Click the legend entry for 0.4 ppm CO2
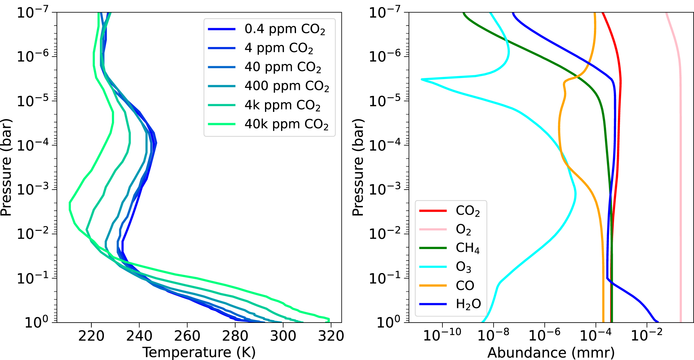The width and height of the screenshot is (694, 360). point(285,29)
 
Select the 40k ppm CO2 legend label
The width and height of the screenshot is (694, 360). point(286,124)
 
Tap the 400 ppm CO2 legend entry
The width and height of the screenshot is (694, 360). point(286,86)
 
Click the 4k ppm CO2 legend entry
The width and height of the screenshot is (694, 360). point(282,105)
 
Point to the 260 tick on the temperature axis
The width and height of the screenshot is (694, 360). point(187,336)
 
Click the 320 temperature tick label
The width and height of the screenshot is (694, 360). point(331,336)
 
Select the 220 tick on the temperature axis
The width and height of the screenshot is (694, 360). point(91,336)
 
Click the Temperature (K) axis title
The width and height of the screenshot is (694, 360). point(199,352)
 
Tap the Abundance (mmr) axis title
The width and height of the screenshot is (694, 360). point(551,352)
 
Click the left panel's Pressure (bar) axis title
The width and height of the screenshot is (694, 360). point(6,167)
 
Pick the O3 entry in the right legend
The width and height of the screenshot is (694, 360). point(463,267)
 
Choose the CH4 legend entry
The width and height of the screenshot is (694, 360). point(467,248)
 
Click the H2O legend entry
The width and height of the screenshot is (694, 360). point(468,304)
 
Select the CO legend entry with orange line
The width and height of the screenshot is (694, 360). point(465,286)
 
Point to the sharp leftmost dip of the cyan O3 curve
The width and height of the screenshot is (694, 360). point(422,79)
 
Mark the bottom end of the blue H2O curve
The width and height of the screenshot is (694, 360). point(658,322)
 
